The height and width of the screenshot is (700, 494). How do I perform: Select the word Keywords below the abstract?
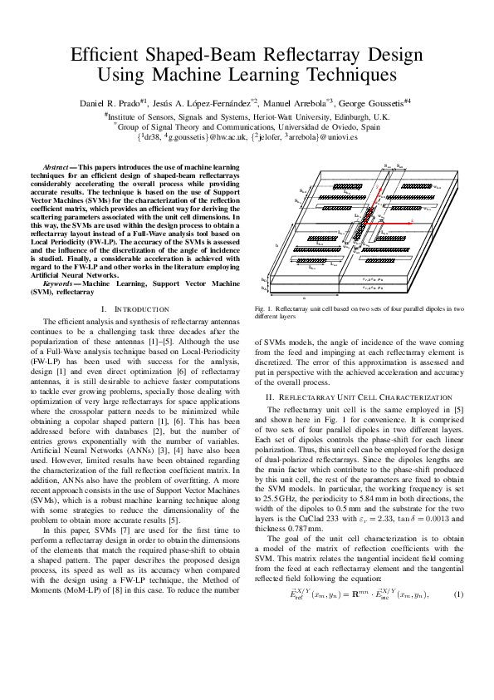click(61, 284)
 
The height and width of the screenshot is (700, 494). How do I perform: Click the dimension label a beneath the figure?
click(304, 297)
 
